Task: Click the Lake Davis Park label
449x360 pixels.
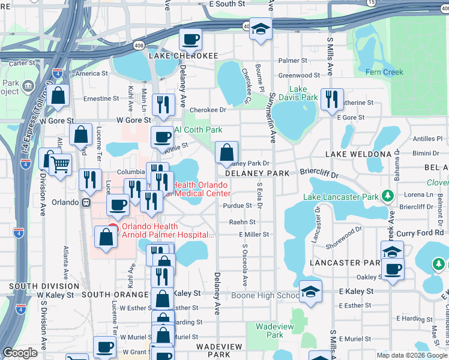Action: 303,93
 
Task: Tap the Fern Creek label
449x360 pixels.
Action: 384,72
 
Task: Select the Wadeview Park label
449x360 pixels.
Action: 269,331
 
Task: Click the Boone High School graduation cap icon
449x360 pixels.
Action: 311,293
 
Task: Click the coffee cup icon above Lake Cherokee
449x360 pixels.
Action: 190,40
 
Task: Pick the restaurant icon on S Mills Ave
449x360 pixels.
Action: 332,100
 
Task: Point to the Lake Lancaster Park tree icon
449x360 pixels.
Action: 388,196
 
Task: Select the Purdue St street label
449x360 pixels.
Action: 237,205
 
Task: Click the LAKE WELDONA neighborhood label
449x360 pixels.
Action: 358,154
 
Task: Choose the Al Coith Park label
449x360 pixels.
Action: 198,130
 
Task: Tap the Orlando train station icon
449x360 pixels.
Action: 86,202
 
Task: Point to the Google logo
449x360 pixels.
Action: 20,353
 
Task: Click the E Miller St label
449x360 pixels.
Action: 253,235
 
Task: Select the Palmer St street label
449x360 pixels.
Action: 292,61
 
